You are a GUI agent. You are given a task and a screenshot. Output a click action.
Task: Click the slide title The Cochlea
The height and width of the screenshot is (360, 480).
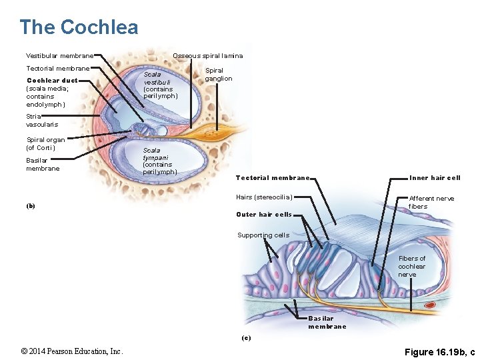coord(79,27)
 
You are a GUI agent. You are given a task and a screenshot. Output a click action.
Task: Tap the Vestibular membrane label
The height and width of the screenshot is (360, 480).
coord(59,55)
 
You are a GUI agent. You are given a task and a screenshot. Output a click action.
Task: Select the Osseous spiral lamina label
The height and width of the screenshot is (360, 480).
coord(207,55)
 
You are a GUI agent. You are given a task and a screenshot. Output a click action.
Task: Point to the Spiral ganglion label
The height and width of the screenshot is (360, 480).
coord(218,75)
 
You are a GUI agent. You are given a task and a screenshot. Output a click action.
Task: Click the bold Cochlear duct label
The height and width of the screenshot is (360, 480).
coord(51,80)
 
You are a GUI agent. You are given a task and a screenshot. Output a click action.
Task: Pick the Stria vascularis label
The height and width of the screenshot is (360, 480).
coord(41,121)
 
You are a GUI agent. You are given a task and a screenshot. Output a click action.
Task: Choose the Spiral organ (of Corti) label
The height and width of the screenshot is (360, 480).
coord(45,143)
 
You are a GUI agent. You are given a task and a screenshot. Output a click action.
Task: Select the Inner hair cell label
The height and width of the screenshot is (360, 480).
coord(435,178)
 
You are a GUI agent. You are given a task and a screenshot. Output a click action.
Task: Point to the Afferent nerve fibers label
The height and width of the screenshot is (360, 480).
coord(431,202)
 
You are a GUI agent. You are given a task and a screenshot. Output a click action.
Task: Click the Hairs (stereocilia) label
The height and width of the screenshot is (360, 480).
coord(264,197)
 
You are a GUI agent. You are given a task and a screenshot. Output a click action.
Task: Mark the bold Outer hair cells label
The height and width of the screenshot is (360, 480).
coord(264,215)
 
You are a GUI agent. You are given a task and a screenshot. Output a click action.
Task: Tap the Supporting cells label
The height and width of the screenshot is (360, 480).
coord(263,235)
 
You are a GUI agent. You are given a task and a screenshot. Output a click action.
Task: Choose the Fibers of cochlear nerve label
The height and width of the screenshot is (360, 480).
coord(411,267)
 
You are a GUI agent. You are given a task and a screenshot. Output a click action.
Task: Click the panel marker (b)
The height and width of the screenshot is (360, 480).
coord(31,206)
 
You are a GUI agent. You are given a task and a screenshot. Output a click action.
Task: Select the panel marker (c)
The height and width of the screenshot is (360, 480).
coord(246,338)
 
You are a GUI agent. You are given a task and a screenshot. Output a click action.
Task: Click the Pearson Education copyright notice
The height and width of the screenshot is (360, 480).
coord(71,351)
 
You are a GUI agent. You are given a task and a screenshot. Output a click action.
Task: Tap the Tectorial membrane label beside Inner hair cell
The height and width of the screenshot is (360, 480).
coord(272,178)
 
